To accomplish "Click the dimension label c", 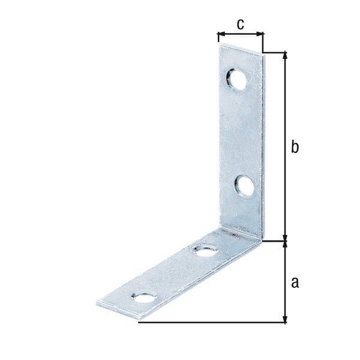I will pyautogui.click(x=240, y=25).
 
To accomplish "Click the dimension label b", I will pyautogui.click(x=294, y=147).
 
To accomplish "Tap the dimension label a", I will pyautogui.click(x=294, y=282).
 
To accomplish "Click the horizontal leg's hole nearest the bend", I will pyautogui.click(x=205, y=249).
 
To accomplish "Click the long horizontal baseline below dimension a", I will pyautogui.click(x=210, y=323).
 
